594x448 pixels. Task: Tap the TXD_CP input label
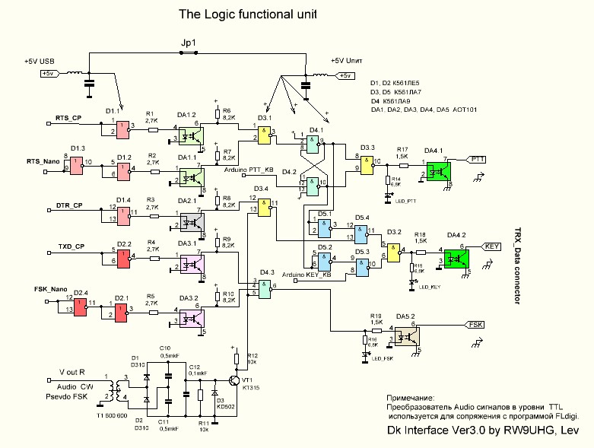pyautogui.click(x=69, y=246)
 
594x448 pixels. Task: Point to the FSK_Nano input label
pyautogui.click(x=52, y=290)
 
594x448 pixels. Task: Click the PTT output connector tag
pyautogui.click(x=478, y=160)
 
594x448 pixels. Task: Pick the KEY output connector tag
pyautogui.click(x=491, y=247)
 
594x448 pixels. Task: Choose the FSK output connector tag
pyautogui.click(x=476, y=325)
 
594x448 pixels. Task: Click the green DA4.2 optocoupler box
pyautogui.click(x=457, y=257)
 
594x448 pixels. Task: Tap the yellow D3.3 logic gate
pyautogui.click(x=368, y=166)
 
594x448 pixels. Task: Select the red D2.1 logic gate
pyautogui.click(x=121, y=311)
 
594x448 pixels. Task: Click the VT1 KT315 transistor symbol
pyautogui.click(x=236, y=380)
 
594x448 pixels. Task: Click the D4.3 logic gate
pyautogui.click(x=264, y=288)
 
